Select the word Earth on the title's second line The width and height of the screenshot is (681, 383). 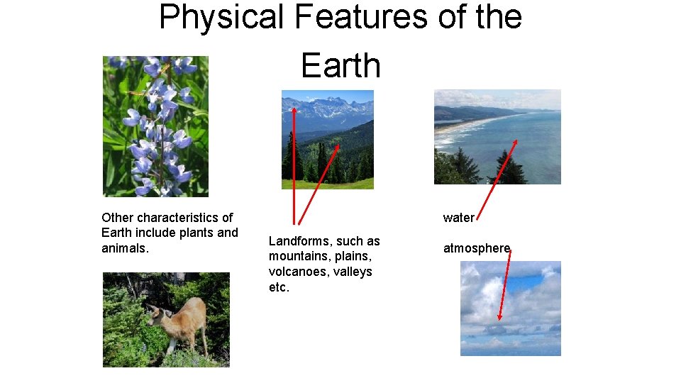click(340, 65)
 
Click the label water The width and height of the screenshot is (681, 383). click(458, 218)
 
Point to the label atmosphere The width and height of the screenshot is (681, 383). click(476, 248)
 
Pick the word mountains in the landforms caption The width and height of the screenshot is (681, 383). click(297, 256)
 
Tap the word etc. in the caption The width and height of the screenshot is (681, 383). click(279, 287)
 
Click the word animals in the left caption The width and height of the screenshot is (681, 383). click(125, 248)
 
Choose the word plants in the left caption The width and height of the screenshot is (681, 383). click(194, 233)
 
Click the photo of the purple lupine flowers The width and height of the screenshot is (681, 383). click(155, 126)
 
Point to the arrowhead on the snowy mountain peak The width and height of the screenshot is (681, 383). click(293, 110)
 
